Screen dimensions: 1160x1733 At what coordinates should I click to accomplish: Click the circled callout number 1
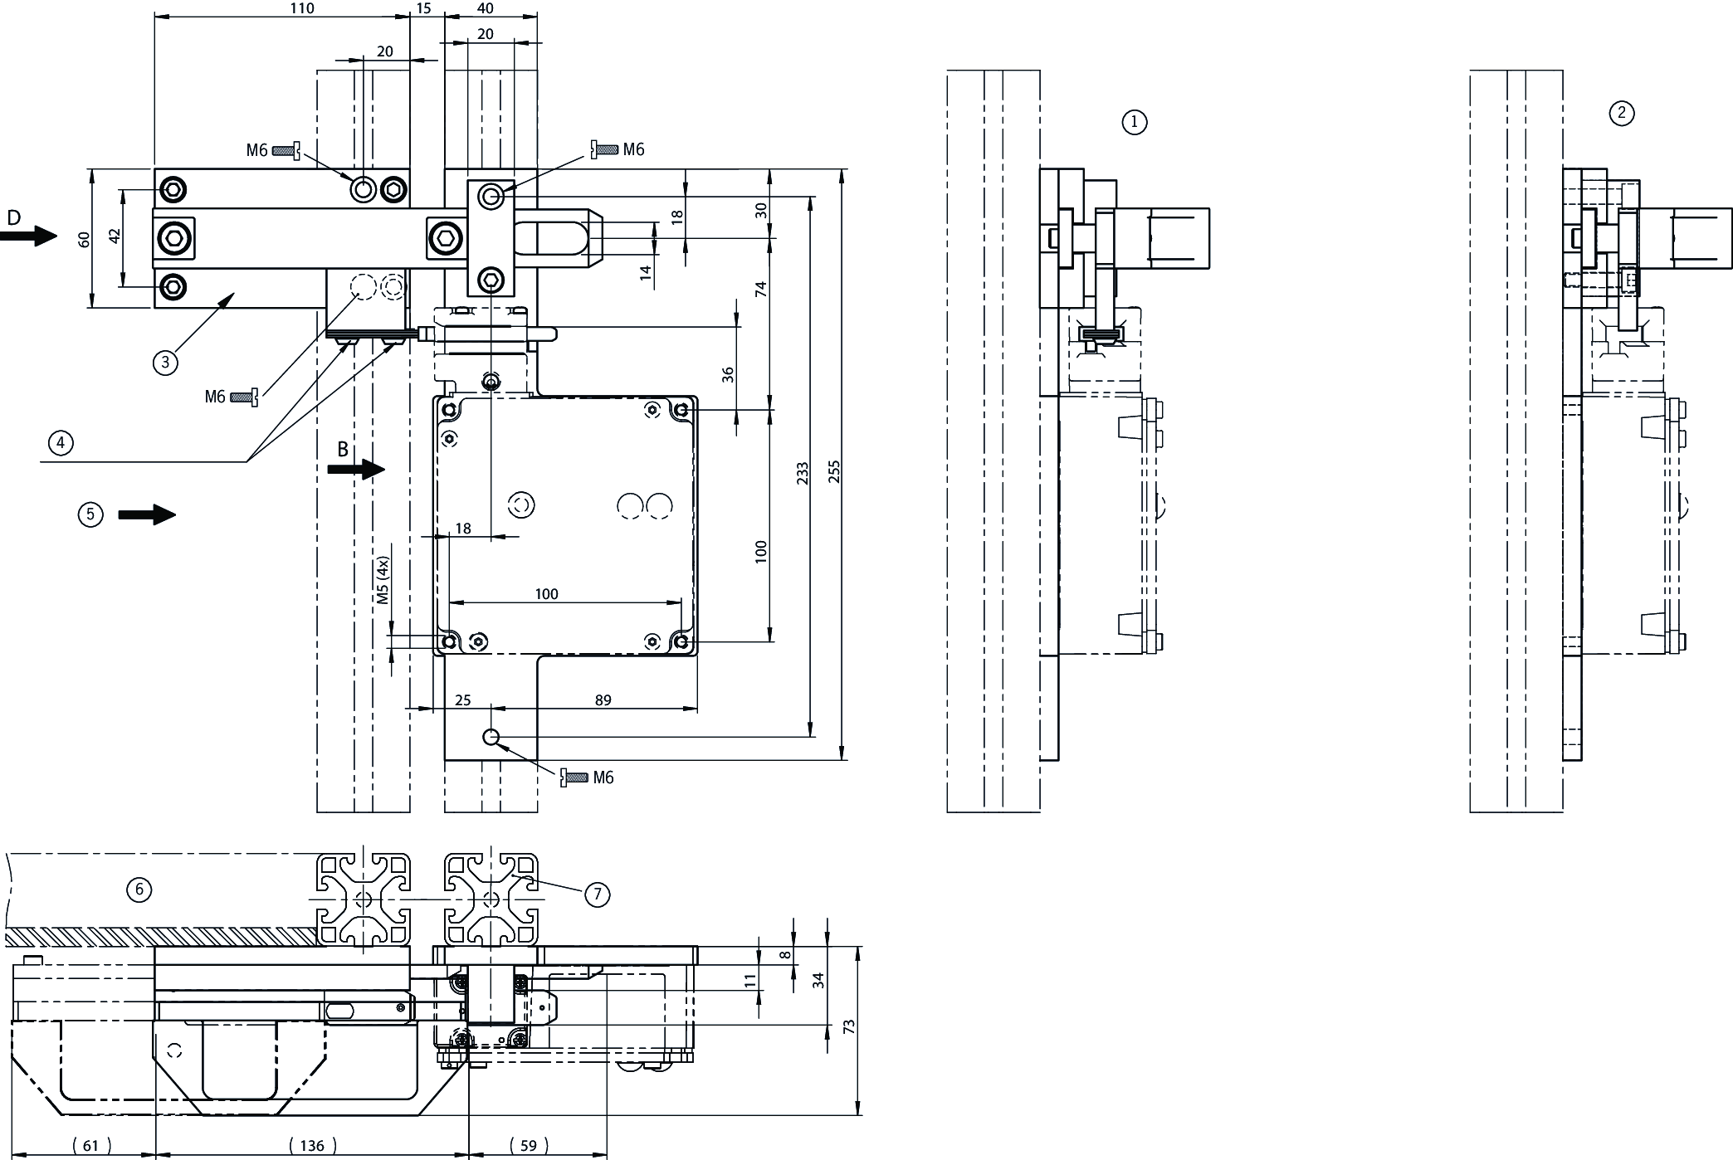1135,122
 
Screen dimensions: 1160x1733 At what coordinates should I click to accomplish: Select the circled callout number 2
1621,113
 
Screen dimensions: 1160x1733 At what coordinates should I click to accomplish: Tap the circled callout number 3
165,362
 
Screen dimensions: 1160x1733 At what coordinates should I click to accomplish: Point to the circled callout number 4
61,443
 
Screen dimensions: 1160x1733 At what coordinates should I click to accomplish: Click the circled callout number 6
139,889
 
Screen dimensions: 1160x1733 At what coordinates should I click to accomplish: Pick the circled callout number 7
597,894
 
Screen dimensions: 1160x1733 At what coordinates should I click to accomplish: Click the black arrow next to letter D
29,236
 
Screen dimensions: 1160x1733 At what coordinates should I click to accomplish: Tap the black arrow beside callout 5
147,515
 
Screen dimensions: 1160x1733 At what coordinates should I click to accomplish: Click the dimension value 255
835,471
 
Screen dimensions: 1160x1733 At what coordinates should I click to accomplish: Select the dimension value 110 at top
302,8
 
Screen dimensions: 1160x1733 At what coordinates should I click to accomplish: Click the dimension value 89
603,700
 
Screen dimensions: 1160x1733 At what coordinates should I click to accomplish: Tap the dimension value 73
849,1026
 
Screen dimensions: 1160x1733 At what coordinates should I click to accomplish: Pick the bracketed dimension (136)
312,1146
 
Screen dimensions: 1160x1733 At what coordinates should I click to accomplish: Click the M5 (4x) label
383,580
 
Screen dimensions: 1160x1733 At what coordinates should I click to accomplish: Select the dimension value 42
115,236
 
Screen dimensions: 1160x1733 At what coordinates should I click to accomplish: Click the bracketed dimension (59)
528,1146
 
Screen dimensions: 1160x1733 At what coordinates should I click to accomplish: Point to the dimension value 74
761,290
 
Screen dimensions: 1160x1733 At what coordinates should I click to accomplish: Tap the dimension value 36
729,374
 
